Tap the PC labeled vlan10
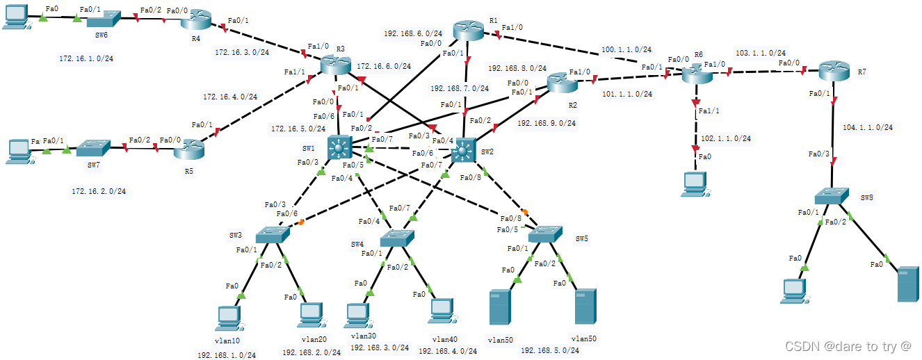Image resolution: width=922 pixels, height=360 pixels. [229, 317]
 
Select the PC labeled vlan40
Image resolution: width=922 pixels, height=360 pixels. [441, 311]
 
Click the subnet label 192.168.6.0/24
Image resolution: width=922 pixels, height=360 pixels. [412, 33]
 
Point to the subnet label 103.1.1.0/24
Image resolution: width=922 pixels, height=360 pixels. [761, 53]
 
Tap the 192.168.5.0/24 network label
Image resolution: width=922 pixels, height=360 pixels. [550, 350]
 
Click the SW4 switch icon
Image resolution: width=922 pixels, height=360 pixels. [398, 240]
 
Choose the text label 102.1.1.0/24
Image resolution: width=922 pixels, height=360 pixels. [725, 138]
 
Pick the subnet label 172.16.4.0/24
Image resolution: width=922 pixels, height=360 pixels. [229, 97]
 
